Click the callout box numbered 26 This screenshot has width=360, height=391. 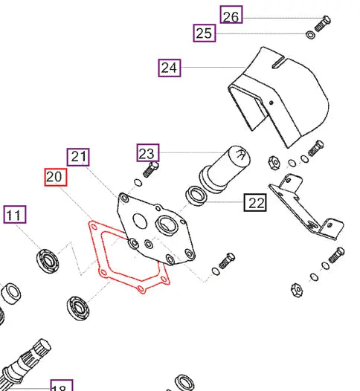click(231, 14)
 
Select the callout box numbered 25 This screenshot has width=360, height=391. click(205, 33)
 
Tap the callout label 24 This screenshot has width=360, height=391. click(170, 68)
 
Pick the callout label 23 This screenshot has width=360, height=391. click(148, 152)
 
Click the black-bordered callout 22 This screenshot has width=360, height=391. click(255, 202)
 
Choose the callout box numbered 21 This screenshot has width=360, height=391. click(78, 157)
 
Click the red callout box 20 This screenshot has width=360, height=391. click(56, 177)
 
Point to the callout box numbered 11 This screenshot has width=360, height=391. click(15, 214)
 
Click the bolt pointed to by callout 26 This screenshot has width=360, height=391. click(323, 24)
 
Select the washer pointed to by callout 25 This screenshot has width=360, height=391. click(310, 35)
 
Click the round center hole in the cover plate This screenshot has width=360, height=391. click(140, 221)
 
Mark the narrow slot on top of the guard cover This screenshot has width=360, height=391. click(278, 62)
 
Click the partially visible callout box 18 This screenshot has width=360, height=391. click(62, 385)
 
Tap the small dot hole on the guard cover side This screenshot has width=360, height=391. click(271, 103)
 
